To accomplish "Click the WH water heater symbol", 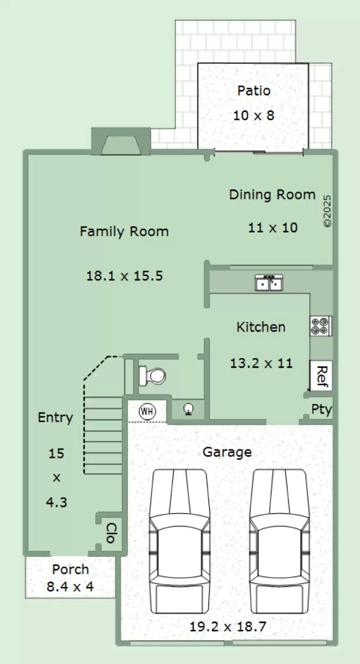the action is pyautogui.click(x=147, y=411).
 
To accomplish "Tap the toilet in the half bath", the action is pyautogui.click(x=152, y=376).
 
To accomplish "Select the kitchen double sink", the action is pyautogui.click(x=269, y=283).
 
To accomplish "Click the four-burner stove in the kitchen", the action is pyautogui.click(x=321, y=326).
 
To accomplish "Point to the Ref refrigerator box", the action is pyautogui.click(x=321, y=376).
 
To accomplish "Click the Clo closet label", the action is pyautogui.click(x=112, y=533).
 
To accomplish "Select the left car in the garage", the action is pyautogui.click(x=179, y=541).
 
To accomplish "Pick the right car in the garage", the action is pyautogui.click(x=279, y=541).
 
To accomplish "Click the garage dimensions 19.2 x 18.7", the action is pyautogui.click(x=228, y=626).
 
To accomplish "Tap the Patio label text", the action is pyautogui.click(x=254, y=90).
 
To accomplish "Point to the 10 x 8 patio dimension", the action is pyautogui.click(x=254, y=115).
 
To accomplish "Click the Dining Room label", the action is pyautogui.click(x=272, y=195).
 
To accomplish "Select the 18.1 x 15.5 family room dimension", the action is pyautogui.click(x=125, y=276).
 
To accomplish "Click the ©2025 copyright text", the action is pyautogui.click(x=327, y=211).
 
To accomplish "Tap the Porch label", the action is pyautogui.click(x=71, y=569).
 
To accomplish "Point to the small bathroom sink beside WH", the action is pyautogui.click(x=188, y=409).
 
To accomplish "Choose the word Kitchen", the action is pyautogui.click(x=261, y=327).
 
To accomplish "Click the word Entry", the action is pyautogui.click(x=56, y=417).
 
